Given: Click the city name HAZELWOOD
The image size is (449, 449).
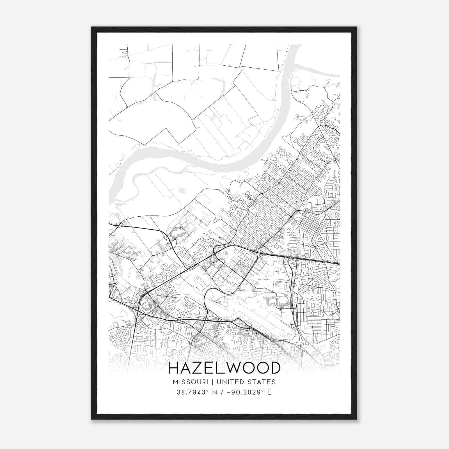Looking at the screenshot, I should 224,368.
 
